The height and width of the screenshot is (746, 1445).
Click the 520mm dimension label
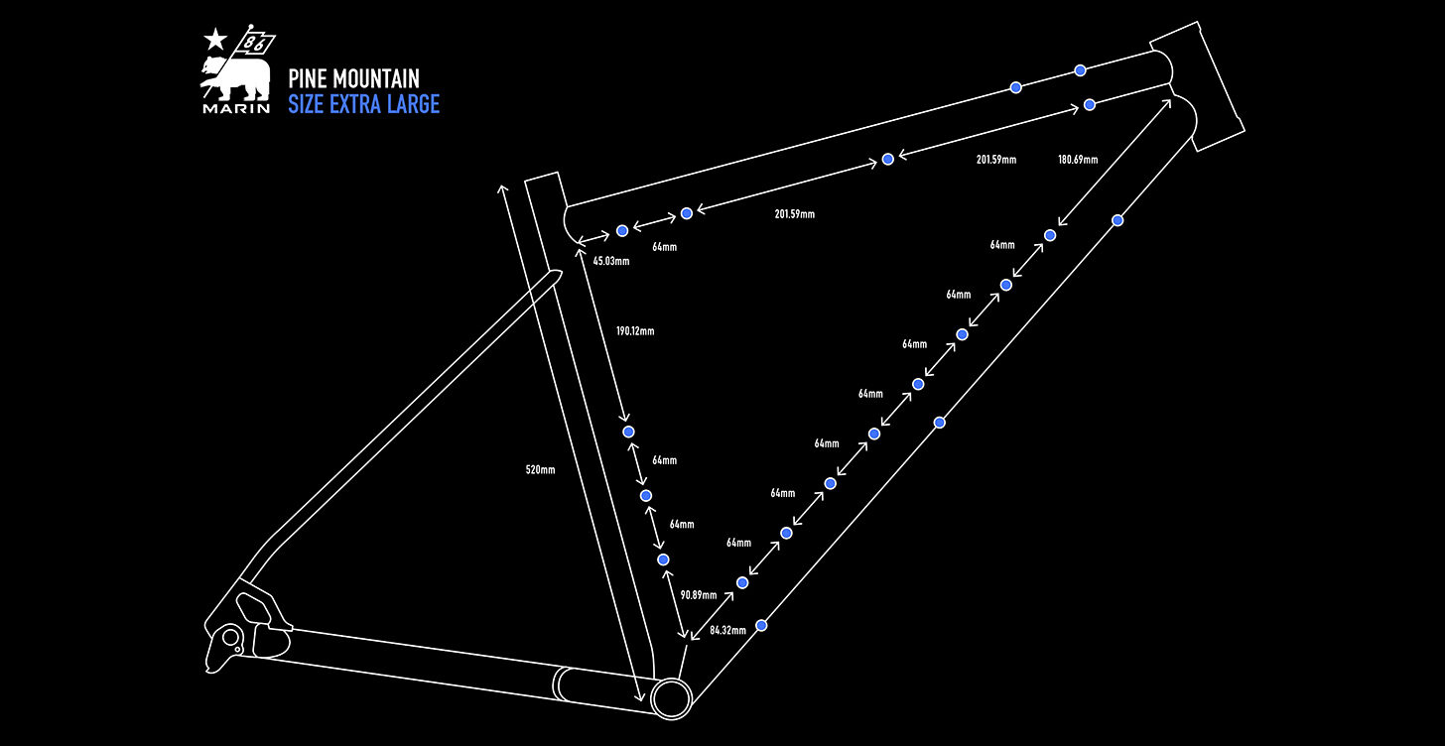pos(540,470)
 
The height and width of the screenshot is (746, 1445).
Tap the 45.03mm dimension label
pos(611,261)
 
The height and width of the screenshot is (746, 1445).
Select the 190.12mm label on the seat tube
pos(635,331)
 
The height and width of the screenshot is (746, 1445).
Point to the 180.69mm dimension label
pos(1078,160)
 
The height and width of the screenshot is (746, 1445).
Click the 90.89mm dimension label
pos(698,595)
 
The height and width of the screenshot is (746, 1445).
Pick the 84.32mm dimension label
pos(727,630)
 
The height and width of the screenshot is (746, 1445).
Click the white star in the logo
pos(215,40)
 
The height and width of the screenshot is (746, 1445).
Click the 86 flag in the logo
pos(257,44)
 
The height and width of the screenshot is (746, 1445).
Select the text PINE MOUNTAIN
pos(353,78)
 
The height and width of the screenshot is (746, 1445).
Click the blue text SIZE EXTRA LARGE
pos(364,104)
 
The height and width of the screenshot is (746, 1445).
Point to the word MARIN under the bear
pos(236,108)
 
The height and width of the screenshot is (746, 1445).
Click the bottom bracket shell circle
pos(671,698)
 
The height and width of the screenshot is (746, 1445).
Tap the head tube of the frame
pos(1197,86)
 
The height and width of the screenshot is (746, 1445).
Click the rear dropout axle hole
pos(231,638)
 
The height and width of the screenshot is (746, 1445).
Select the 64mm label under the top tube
pos(665,247)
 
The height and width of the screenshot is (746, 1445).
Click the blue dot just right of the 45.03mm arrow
pos(622,231)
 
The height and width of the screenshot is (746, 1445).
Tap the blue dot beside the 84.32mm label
pos(761,625)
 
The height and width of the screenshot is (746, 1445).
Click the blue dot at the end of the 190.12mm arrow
pos(628,432)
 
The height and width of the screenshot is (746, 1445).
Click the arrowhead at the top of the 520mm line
pos(502,188)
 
